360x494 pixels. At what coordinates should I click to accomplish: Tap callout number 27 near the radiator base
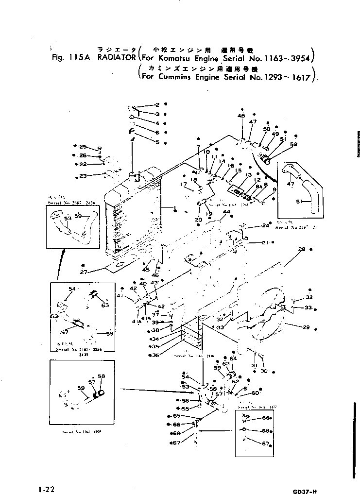pos(84,272)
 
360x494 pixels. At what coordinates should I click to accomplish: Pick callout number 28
pos(302,249)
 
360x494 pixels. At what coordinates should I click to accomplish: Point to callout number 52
pos(293,144)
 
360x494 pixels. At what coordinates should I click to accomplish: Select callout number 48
pos(241,116)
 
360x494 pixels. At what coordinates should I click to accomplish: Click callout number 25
pos(83,147)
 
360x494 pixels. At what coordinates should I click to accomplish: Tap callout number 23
pos(83,176)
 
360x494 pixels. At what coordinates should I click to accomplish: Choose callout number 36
pos(156,356)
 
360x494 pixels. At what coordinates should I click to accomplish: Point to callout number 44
pos(226,213)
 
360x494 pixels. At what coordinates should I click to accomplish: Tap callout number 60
pos(255,393)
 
